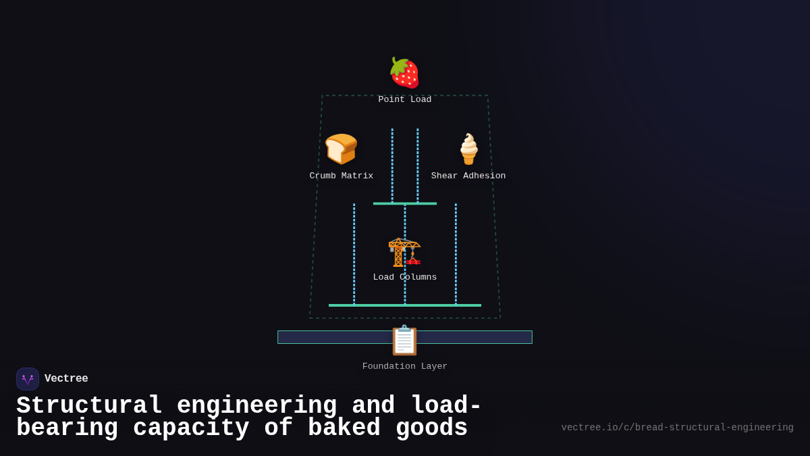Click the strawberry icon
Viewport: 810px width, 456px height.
(x=404, y=73)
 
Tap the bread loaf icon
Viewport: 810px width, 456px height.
(x=341, y=149)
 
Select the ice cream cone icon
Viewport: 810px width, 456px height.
(x=468, y=149)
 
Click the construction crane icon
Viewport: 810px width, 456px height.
(x=404, y=251)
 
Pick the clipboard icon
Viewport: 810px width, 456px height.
(x=404, y=340)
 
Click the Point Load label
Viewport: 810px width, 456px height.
(x=404, y=99)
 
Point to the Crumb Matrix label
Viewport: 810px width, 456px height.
(x=341, y=176)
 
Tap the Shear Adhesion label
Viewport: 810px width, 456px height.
(x=468, y=176)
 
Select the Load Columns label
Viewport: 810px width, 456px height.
(x=404, y=277)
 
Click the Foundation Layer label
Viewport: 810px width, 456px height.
(x=404, y=366)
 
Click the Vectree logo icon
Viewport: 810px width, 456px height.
(x=28, y=379)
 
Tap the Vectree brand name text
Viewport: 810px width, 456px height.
(x=66, y=379)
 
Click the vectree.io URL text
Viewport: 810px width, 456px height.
(x=677, y=428)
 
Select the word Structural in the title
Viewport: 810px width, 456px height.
(x=89, y=406)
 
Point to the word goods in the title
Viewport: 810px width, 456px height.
(x=431, y=428)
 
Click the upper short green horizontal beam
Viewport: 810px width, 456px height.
(x=404, y=203)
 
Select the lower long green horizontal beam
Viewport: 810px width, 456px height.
(x=404, y=305)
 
